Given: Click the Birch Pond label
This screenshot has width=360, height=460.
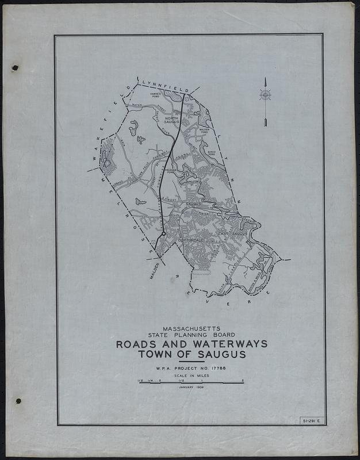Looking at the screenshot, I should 212,154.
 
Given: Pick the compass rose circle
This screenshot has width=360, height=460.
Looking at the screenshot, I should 265,95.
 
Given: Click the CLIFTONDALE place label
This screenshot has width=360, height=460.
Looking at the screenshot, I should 183,239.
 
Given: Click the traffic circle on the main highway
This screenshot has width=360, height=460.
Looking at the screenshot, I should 164,234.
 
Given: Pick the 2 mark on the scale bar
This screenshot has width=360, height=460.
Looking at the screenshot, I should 244,379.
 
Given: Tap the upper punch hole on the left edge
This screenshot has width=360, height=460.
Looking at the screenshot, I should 16,68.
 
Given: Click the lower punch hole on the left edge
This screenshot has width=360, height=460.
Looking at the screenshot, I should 18,401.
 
